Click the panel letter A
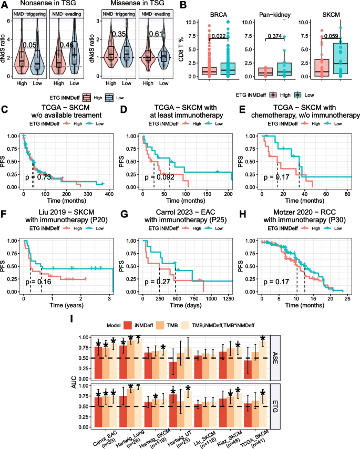point(5,5)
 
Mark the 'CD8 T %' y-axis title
point(187,49)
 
